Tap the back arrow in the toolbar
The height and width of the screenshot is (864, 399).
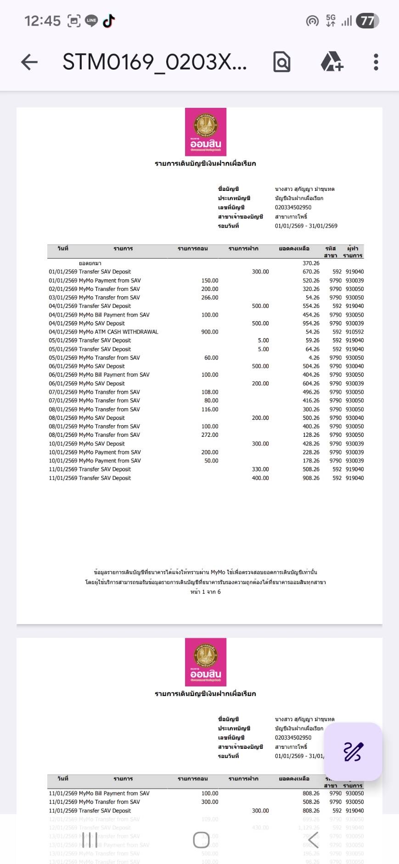29,62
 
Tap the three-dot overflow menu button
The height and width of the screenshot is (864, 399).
376,62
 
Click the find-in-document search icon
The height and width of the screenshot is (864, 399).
281,62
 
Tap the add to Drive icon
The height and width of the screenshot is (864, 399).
332,62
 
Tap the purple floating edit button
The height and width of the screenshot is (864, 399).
353,752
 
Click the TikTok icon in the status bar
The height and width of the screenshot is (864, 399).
109,21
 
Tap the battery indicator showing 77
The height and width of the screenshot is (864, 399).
367,21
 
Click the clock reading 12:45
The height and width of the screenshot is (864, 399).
42,21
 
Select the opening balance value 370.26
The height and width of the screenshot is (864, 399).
311,263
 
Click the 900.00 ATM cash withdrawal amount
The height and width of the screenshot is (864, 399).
210,332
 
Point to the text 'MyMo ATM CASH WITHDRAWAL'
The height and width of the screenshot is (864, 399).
118,332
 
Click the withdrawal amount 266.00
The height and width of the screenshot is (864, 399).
210,297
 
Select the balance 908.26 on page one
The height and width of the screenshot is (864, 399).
311,478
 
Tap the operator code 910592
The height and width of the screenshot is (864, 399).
354,332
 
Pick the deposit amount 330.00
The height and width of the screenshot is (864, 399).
260,469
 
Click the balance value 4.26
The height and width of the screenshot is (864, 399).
314,357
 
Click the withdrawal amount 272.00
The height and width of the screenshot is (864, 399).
210,435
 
